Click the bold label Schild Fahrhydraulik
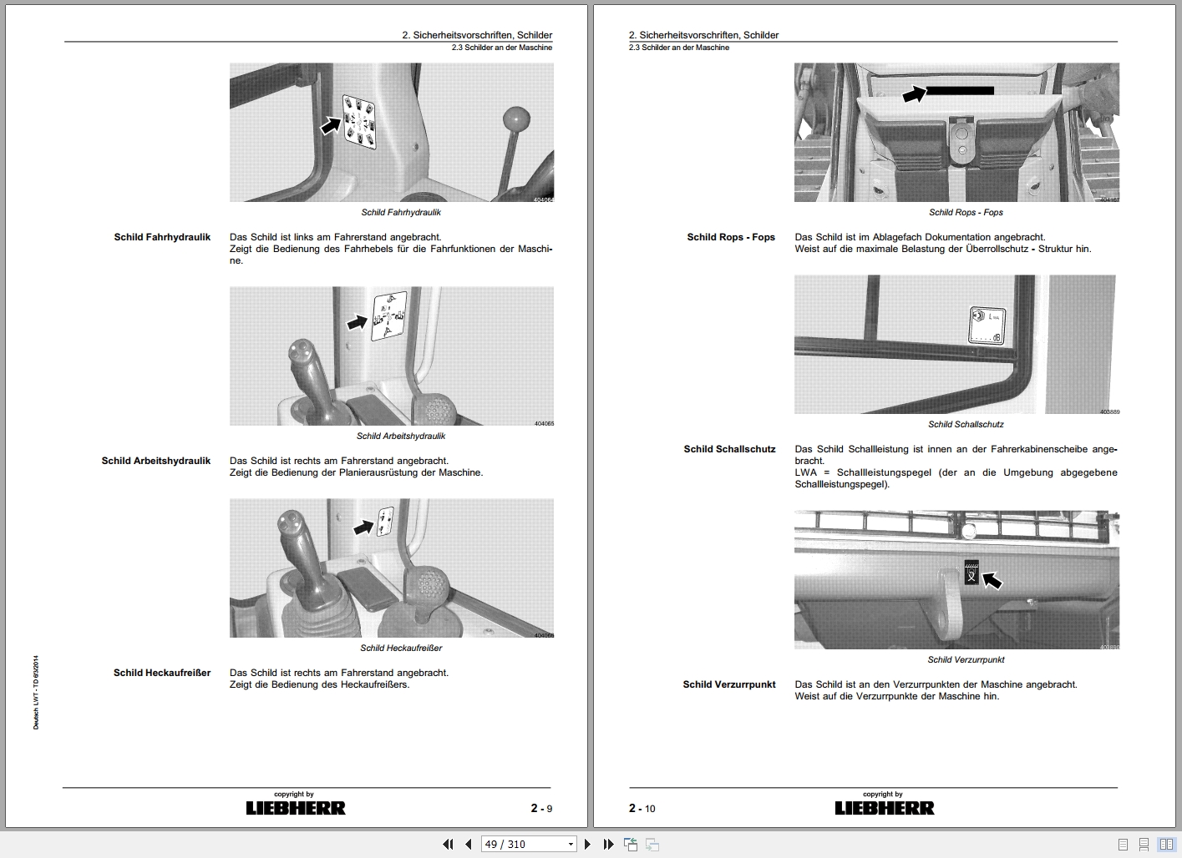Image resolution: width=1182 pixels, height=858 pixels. click(162, 237)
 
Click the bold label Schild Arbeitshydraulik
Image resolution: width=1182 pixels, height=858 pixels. click(156, 461)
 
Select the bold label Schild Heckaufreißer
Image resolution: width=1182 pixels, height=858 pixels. click(162, 673)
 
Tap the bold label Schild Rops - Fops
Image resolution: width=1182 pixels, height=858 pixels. click(731, 237)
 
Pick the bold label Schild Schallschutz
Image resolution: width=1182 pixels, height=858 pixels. click(729, 449)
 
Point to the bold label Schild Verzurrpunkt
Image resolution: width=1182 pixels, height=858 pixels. click(729, 684)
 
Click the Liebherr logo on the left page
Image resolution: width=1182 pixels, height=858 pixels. click(295, 808)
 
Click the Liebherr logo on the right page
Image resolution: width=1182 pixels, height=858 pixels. click(885, 808)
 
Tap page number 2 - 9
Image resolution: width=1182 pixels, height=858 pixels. click(541, 808)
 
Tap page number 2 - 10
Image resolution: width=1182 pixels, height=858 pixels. click(642, 808)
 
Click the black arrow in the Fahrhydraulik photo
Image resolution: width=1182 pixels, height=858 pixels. click(332, 125)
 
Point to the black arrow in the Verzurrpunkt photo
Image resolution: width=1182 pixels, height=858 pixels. click(992, 578)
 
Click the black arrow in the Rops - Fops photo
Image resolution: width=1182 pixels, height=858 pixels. click(915, 95)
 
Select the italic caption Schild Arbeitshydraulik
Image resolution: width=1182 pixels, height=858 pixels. click(401, 436)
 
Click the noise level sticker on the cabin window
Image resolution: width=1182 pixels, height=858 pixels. click(984, 326)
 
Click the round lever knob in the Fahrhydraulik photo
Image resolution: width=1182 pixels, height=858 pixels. click(520, 119)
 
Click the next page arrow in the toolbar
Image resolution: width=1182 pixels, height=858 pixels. click(588, 844)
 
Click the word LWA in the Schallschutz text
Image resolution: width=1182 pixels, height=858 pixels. click(806, 472)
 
